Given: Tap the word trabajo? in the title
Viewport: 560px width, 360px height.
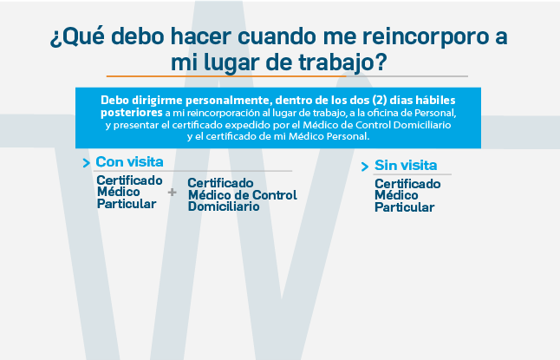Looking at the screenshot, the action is pyautogui.click(x=343, y=63).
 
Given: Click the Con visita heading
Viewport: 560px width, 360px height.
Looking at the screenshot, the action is pyautogui.click(x=129, y=161).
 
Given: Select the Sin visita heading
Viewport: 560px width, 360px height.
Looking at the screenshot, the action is pyautogui.click(x=406, y=165).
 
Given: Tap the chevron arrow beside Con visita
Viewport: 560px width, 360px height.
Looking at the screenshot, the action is pyautogui.click(x=86, y=163).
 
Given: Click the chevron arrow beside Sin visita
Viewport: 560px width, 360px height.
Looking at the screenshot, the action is pyautogui.click(x=365, y=167).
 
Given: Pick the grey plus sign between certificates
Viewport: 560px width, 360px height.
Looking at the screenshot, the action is pyautogui.click(x=173, y=193).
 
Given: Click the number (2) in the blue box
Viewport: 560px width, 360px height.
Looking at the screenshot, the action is pyautogui.click(x=380, y=100).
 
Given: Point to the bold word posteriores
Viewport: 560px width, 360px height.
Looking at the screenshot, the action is pyautogui.click(x=132, y=113).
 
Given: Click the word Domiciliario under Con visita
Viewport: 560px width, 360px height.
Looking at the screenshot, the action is pyautogui.click(x=224, y=206).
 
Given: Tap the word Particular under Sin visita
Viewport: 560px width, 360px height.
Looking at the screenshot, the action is pyautogui.click(x=404, y=207).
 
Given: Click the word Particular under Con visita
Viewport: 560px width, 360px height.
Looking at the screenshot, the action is pyautogui.click(x=127, y=204).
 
